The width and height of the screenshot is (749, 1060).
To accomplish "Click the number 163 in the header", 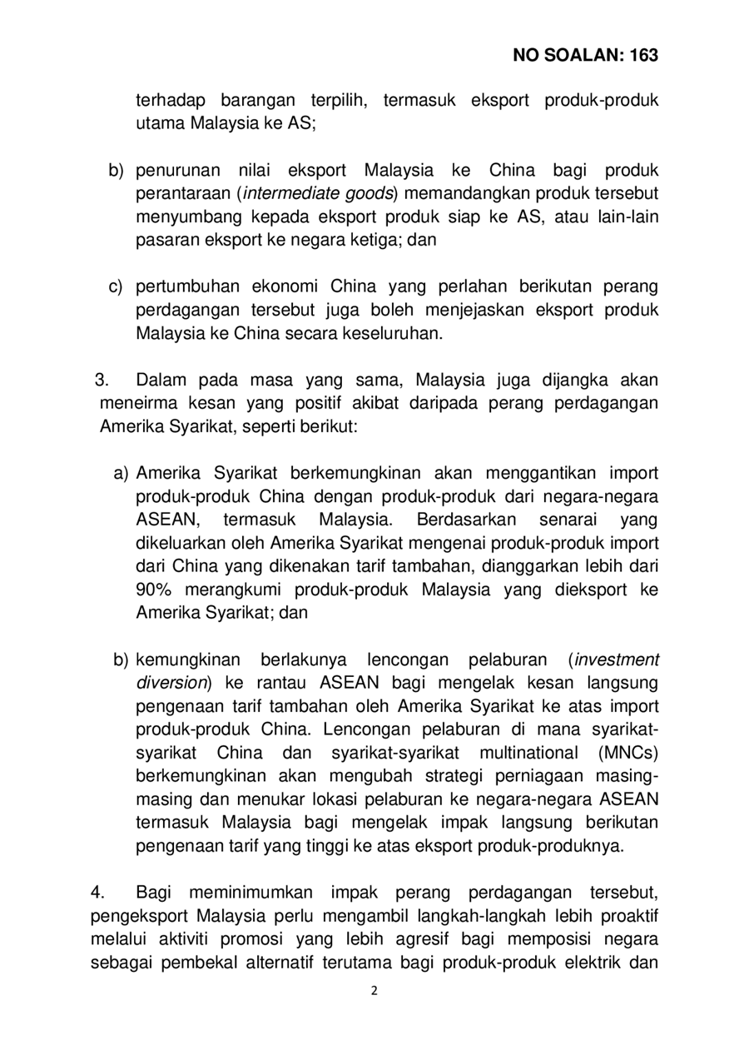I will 643,56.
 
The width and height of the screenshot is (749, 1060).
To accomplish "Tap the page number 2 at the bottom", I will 374,991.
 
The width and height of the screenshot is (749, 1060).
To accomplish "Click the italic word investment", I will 617,660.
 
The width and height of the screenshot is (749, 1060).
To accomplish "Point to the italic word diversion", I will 171,683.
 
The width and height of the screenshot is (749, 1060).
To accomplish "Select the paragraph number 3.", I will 103,381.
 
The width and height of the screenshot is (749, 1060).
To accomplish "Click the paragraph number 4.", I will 97,893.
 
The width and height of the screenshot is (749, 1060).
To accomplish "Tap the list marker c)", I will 117,287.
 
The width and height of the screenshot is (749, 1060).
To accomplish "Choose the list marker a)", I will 122,474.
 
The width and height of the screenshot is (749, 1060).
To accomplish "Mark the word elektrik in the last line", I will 598,963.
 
